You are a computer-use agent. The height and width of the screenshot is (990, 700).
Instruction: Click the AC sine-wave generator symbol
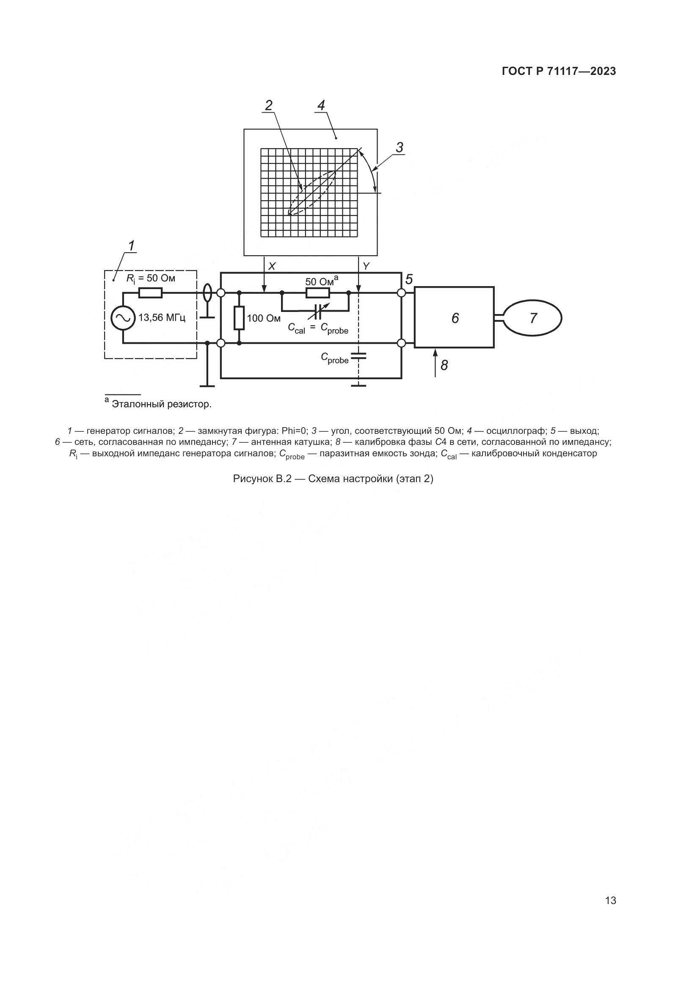point(122,318)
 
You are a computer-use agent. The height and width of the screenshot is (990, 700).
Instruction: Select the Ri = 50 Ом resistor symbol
point(150,293)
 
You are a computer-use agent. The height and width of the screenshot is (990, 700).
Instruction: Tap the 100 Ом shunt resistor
point(239,318)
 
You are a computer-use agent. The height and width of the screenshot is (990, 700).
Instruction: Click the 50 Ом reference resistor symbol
point(318,293)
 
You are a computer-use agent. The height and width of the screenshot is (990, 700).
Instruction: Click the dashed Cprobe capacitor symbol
point(358,356)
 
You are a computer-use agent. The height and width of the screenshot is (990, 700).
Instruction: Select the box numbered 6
point(454,318)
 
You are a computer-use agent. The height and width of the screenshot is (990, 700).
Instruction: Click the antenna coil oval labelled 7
point(533,318)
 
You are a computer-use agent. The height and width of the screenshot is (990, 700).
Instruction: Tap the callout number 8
point(444,366)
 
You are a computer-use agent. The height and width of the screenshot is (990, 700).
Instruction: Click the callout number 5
point(409,279)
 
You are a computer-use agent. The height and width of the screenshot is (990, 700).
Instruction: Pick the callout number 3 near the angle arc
point(400,148)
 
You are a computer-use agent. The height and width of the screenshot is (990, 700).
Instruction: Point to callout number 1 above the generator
point(132,246)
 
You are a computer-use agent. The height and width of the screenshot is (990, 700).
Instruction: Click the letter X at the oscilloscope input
point(272,267)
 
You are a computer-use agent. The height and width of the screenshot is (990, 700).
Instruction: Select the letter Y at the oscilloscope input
point(367,267)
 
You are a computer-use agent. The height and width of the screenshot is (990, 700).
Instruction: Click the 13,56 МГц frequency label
point(162,318)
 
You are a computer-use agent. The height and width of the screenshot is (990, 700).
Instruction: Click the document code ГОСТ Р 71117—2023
point(559,72)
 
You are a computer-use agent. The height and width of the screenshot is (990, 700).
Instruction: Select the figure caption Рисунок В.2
point(333,479)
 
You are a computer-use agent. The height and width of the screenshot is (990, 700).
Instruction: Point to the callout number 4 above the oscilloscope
point(321,105)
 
